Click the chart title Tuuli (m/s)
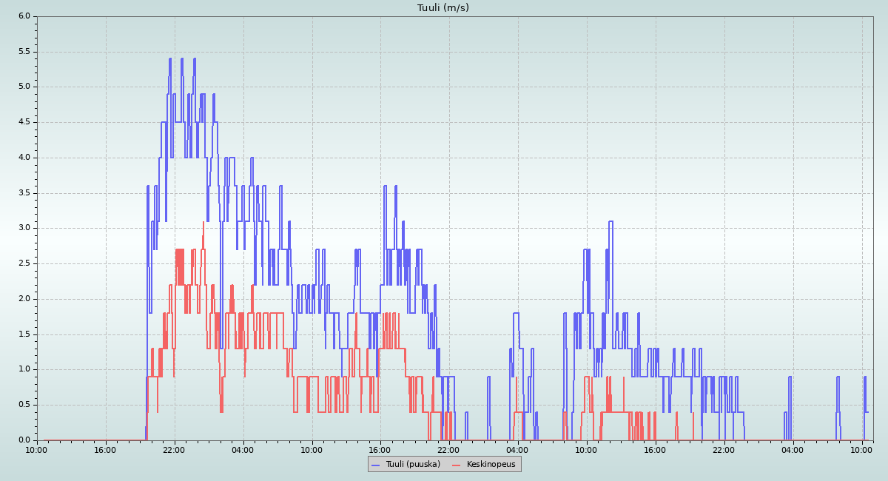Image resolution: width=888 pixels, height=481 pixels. point(443,8)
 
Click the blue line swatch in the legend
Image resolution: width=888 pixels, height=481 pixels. point(376,465)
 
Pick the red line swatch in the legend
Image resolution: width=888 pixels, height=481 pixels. point(456,465)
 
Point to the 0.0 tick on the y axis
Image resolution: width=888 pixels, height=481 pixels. point(24,440)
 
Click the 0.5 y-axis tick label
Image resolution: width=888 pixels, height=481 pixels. point(24,405)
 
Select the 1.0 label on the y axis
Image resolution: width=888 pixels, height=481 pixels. point(24,369)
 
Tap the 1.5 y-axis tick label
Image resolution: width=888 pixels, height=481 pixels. point(24,334)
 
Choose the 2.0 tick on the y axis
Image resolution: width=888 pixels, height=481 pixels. point(24,299)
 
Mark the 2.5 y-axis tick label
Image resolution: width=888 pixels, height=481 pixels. point(24,263)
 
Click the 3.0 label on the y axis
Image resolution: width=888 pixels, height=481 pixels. point(24,228)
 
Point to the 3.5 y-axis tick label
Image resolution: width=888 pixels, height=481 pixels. point(24,193)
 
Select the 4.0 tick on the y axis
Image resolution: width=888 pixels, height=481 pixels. point(24,158)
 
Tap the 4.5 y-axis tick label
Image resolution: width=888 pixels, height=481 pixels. point(24,122)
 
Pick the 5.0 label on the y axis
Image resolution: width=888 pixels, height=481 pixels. point(24,87)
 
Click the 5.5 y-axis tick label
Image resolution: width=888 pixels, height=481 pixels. point(24,52)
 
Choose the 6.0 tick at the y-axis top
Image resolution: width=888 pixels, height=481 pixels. point(24,16)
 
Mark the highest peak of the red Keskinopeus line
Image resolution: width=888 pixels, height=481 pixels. point(203,222)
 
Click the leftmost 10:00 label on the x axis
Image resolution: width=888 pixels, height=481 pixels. point(37,449)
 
